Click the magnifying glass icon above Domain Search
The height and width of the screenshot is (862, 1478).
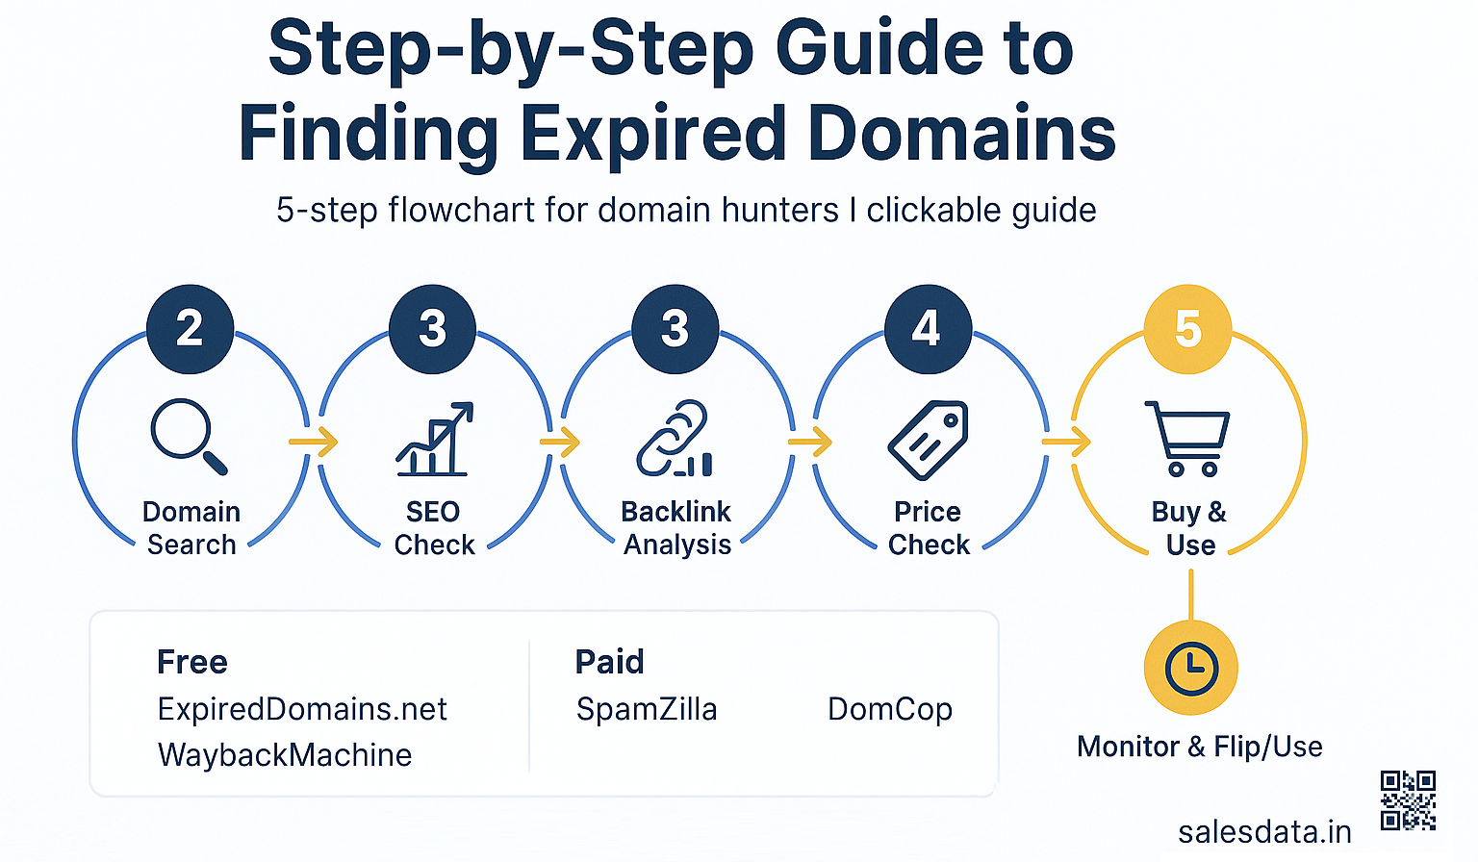[x=188, y=436]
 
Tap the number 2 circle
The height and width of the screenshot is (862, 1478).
[x=190, y=329]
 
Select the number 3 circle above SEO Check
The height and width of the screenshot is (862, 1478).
[x=432, y=329]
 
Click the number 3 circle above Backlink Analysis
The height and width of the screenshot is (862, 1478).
[x=675, y=329]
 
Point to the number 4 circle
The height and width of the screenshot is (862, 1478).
[x=927, y=329]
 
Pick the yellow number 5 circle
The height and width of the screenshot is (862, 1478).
[x=1187, y=329]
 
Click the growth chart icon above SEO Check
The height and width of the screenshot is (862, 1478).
[x=434, y=440]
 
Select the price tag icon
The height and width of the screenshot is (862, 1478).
[x=928, y=440]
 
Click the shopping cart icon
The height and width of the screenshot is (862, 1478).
[x=1187, y=439]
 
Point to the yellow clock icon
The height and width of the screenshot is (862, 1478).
[x=1190, y=668]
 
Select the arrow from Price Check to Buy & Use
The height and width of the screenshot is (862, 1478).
[x=1066, y=443]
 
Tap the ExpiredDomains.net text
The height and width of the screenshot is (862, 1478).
[x=302, y=709]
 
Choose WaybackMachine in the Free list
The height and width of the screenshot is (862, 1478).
[x=285, y=755]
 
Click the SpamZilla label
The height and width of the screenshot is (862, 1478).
[x=647, y=709]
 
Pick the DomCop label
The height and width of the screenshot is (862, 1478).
[x=890, y=709]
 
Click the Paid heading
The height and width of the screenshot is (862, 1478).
[x=609, y=662]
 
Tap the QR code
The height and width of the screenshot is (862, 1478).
[x=1408, y=799]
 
